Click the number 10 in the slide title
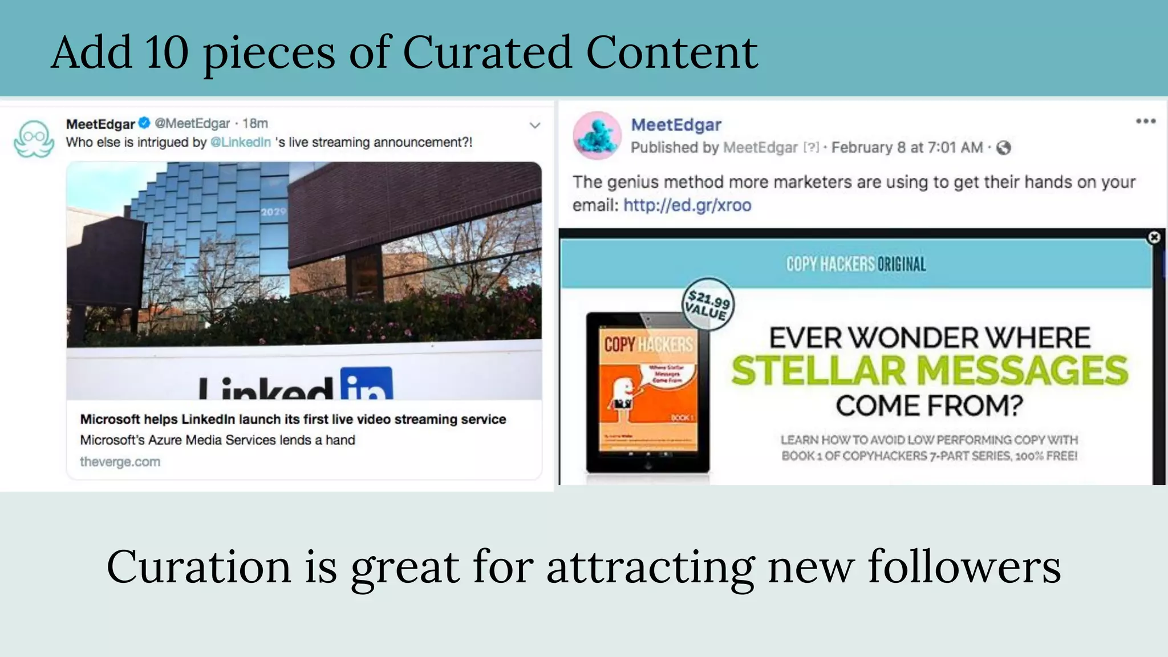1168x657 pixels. click(x=167, y=52)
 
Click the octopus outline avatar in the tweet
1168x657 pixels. click(x=34, y=139)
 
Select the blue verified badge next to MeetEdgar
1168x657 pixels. click(x=145, y=123)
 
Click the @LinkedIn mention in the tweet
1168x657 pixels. click(x=241, y=142)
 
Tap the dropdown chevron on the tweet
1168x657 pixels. click(x=534, y=125)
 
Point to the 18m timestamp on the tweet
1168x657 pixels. click(x=255, y=123)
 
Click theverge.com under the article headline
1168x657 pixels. click(x=120, y=461)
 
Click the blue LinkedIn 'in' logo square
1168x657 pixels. click(x=366, y=383)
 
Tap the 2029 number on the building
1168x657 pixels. click(x=273, y=212)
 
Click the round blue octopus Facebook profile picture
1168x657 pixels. click(x=597, y=135)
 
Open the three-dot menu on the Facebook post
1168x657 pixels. click(x=1145, y=121)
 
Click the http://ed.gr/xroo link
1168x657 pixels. click(x=687, y=205)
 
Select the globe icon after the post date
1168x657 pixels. click(x=1003, y=148)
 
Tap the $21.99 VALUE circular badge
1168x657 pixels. click(x=708, y=305)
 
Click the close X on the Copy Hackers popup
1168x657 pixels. click(x=1154, y=237)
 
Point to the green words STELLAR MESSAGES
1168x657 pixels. click(x=930, y=370)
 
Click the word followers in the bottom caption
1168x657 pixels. click(x=964, y=567)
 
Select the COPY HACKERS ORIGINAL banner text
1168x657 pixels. click(x=855, y=264)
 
